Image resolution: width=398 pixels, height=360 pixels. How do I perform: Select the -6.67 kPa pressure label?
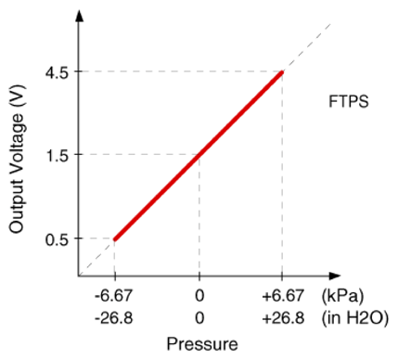(113, 296)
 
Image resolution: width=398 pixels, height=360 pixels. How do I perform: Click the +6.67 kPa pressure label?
(283, 296)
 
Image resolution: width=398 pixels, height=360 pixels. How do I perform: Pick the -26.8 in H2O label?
(113, 318)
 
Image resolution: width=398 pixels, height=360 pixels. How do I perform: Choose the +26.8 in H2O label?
(283, 318)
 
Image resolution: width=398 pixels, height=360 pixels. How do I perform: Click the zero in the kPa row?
(199, 296)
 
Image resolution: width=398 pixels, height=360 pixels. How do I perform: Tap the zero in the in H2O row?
(199, 318)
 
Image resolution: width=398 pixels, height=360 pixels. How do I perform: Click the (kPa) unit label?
(342, 296)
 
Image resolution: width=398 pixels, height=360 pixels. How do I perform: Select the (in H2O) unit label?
(355, 318)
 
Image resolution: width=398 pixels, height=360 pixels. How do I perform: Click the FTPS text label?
(349, 102)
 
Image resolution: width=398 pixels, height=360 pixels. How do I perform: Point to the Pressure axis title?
(202, 344)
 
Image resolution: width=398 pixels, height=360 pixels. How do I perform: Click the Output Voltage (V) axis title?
(16, 159)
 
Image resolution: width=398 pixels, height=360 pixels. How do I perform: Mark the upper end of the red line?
(282, 72)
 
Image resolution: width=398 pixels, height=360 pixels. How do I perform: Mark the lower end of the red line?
(115, 239)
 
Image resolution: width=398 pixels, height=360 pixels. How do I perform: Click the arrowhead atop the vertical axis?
(80, 16)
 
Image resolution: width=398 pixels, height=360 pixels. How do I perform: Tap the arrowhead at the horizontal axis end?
(335, 276)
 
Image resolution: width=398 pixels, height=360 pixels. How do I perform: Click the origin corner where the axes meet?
(79, 276)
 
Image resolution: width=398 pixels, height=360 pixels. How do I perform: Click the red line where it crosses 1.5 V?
(199, 155)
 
